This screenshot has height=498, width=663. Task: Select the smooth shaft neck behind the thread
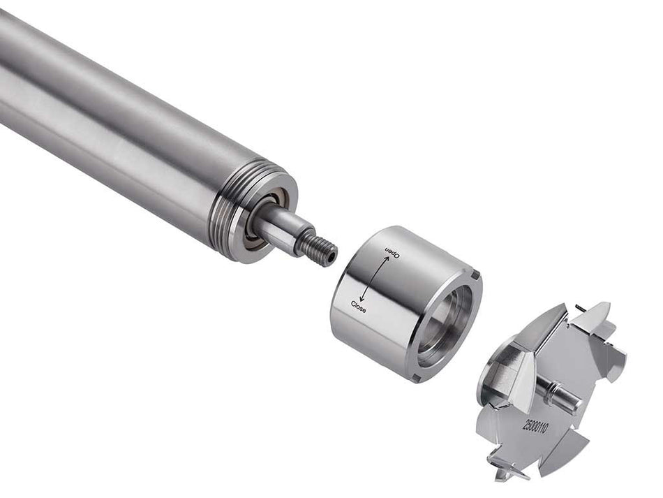(283, 230)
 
